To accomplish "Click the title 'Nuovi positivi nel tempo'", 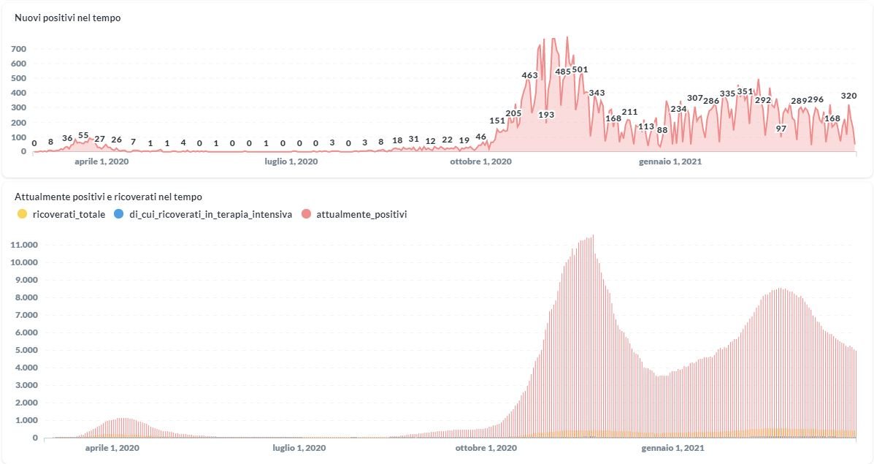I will click(x=67, y=18).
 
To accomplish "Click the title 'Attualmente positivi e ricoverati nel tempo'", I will click(x=108, y=197).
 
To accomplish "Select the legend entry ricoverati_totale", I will click(x=69, y=214).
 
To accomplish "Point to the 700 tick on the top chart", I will click(x=18, y=49).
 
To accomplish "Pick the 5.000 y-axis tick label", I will click(x=23, y=350).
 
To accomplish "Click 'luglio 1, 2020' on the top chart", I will click(x=291, y=161).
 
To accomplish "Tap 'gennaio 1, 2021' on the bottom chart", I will click(x=672, y=447).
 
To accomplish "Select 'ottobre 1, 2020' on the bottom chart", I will click(x=486, y=447).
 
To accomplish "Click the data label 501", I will click(x=580, y=70).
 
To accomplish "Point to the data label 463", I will click(x=529, y=75).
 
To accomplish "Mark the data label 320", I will click(x=849, y=96).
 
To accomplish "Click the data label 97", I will click(x=781, y=129).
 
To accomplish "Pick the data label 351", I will click(x=745, y=91).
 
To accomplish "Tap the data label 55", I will click(x=83, y=136).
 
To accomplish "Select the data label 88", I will click(x=662, y=130).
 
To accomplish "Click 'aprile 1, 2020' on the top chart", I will click(x=101, y=161).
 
